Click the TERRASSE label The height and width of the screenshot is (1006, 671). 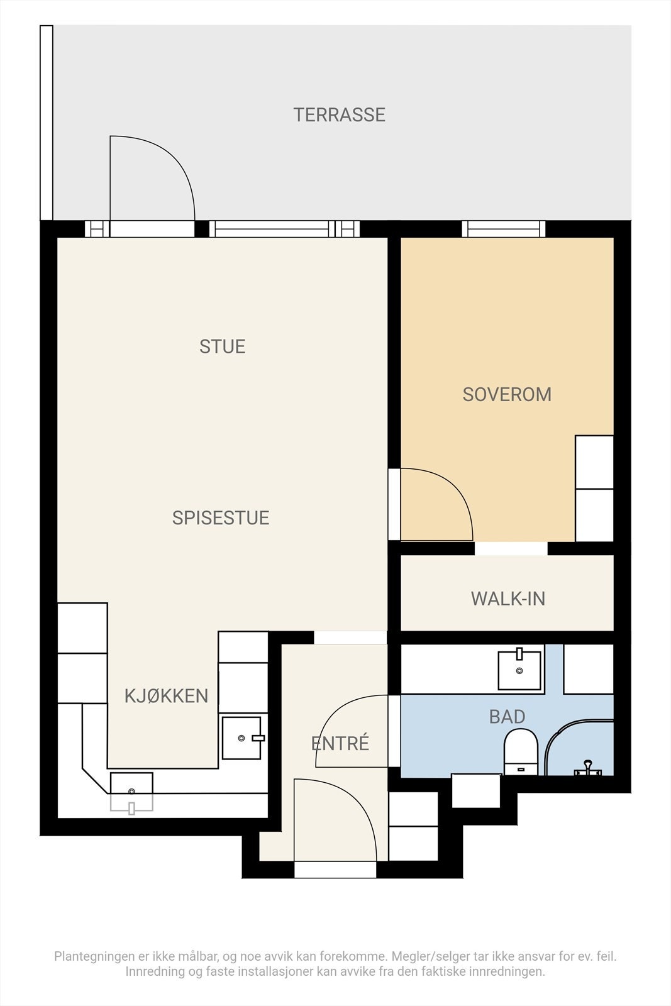click(x=340, y=115)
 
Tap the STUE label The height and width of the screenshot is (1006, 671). click(x=223, y=346)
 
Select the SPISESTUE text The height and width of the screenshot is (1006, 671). click(x=221, y=518)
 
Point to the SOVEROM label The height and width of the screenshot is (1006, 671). click(x=507, y=394)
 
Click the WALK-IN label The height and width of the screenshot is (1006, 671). click(x=508, y=599)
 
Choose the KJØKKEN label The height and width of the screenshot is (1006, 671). click(x=166, y=695)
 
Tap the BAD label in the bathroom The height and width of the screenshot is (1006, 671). click(x=507, y=716)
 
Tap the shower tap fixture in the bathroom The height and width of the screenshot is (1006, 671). click(x=587, y=768)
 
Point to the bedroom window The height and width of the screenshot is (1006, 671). click(x=504, y=229)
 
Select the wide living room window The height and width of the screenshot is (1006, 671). click(x=272, y=229)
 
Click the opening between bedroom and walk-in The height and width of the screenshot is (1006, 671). click(x=511, y=548)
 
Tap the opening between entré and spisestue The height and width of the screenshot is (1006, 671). click(x=350, y=638)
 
